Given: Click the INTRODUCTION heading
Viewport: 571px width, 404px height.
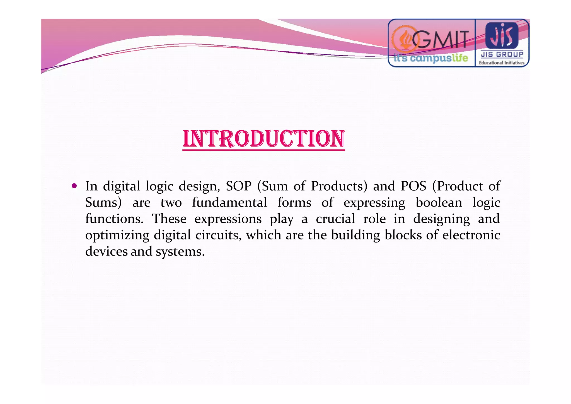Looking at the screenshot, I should (264, 139).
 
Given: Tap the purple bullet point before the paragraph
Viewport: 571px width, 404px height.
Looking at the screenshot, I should (74, 186).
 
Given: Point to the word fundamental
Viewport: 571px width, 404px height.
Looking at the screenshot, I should (229, 203).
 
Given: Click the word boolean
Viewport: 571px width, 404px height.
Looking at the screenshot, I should (439, 203).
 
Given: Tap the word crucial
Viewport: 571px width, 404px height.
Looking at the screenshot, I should (335, 219).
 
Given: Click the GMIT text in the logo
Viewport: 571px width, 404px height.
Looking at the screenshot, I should (441, 40).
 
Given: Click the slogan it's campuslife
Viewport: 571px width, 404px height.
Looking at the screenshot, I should (431, 58).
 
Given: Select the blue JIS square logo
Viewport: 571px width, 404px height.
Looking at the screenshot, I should (502, 35).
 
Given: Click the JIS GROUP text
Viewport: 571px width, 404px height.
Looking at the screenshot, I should (502, 54).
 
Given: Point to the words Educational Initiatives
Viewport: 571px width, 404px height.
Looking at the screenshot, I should (502, 63).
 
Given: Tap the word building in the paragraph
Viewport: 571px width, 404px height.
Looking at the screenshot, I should (355, 235).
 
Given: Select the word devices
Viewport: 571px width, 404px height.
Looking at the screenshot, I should (106, 251).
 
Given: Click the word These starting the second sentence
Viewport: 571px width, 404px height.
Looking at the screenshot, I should (169, 219).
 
